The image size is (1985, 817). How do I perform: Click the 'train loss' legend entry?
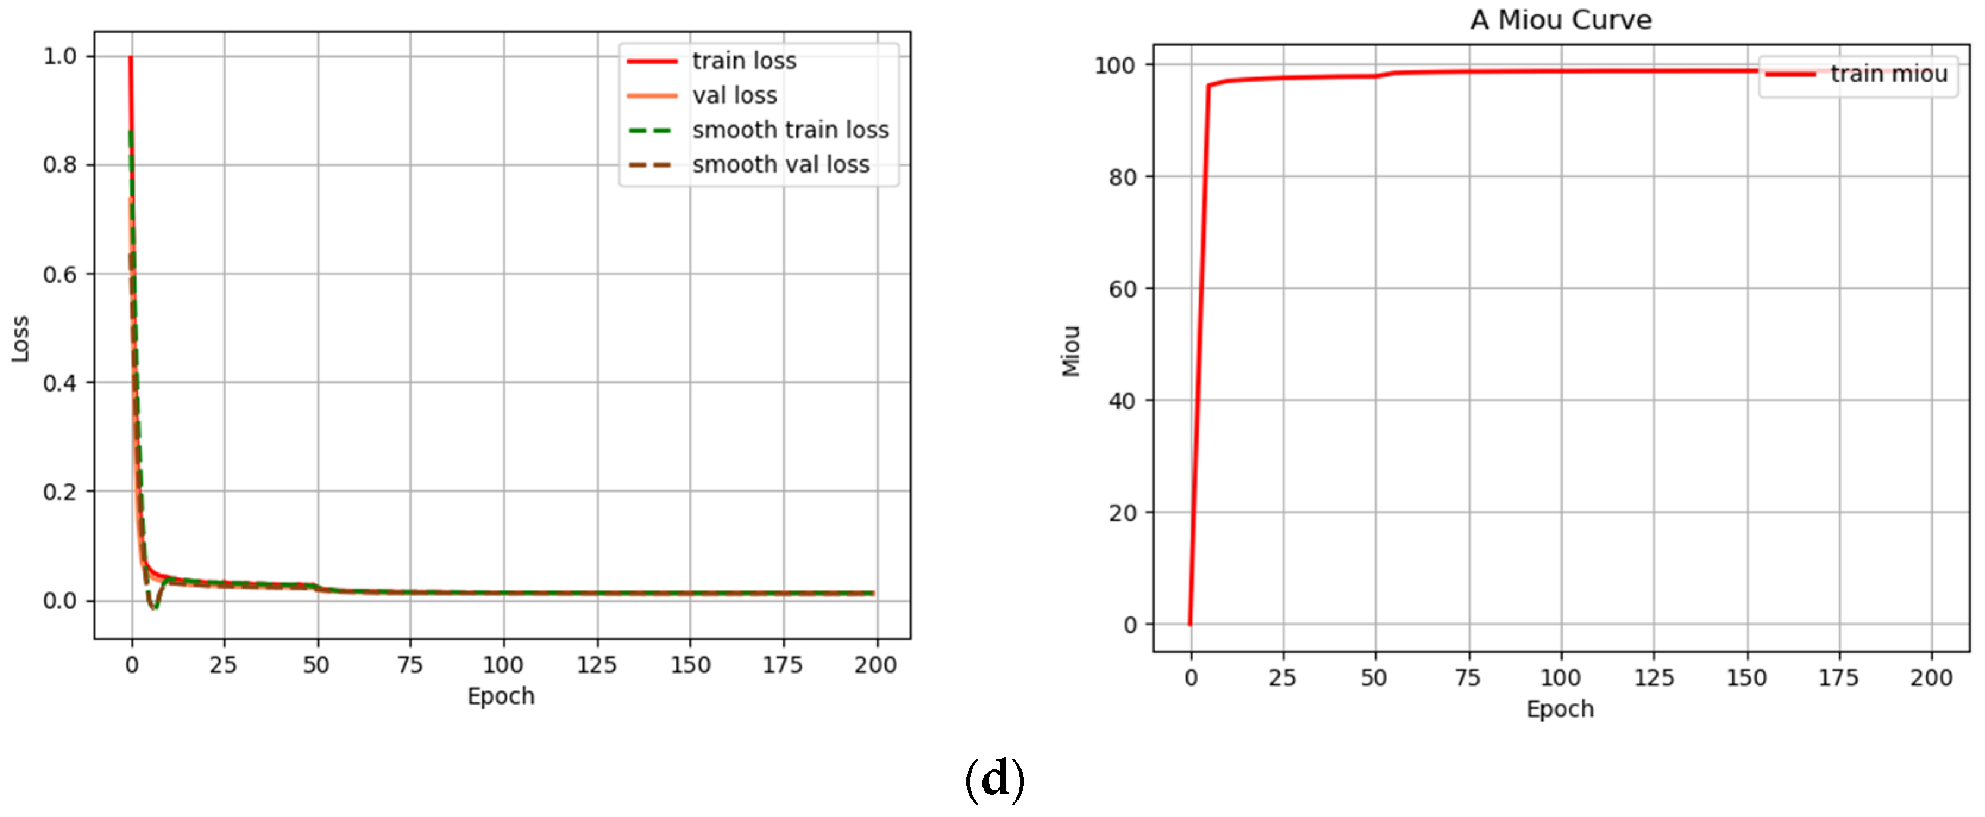pyautogui.click(x=743, y=61)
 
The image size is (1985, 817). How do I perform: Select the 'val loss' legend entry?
pyautogui.click(x=734, y=96)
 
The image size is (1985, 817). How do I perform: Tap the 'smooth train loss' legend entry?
pyautogui.click(x=790, y=130)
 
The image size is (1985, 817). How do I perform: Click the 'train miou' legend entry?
pyautogui.click(x=1888, y=74)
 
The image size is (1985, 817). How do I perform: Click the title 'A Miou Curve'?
pyautogui.click(x=1560, y=20)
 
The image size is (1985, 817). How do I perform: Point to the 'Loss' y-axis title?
pyautogui.click(x=20, y=339)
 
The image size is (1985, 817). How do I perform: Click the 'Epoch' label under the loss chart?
pyautogui.click(x=501, y=696)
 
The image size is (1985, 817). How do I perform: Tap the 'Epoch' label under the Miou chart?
pyautogui.click(x=1560, y=709)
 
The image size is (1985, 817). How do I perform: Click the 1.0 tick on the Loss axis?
pyautogui.click(x=60, y=57)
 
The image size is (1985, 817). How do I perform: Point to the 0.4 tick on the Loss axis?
pyautogui.click(x=60, y=383)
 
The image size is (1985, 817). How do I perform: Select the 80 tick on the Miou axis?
pyautogui.click(x=1122, y=177)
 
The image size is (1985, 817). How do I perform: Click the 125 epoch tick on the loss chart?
pyautogui.click(x=596, y=665)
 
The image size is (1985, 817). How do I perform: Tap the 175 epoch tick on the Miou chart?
pyautogui.click(x=1839, y=678)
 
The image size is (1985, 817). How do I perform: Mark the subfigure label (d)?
pyautogui.click(x=994, y=780)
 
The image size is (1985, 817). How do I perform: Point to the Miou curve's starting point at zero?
pyautogui.click(x=1190, y=624)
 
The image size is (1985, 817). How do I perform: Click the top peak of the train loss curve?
pyautogui.click(x=131, y=58)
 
